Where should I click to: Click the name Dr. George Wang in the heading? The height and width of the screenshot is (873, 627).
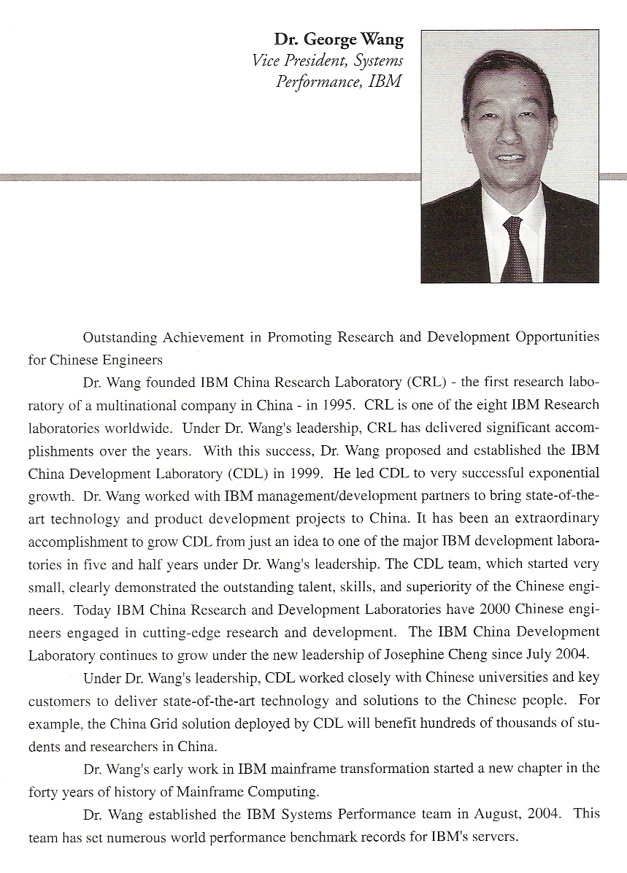(x=339, y=39)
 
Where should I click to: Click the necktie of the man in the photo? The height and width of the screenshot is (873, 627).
(x=516, y=248)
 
